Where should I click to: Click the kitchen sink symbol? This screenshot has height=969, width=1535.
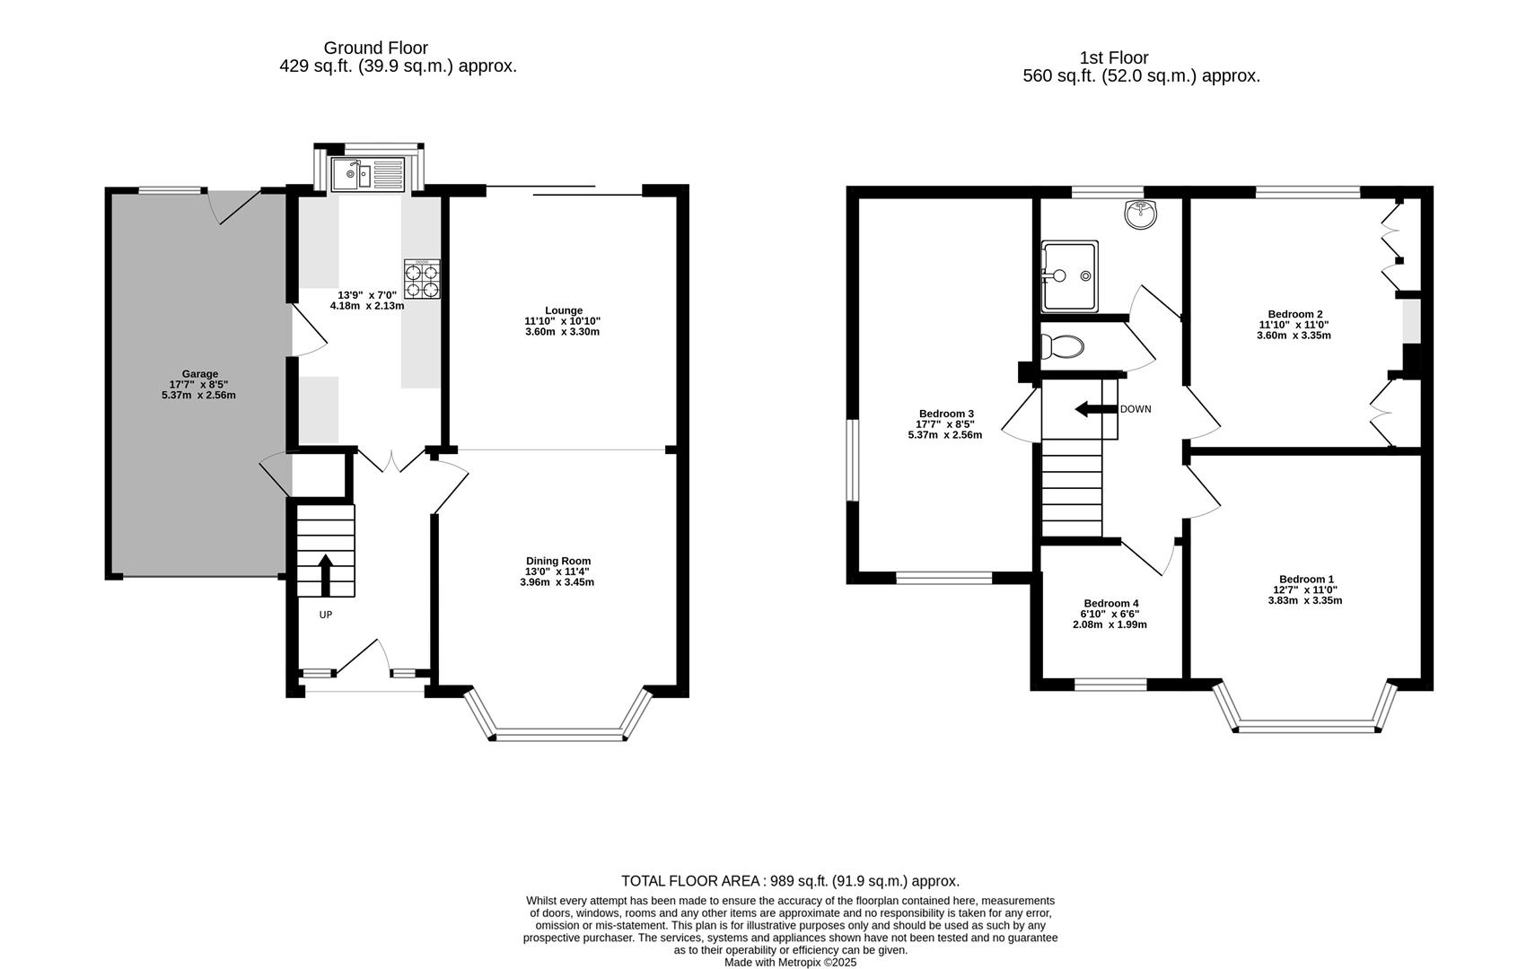(368, 174)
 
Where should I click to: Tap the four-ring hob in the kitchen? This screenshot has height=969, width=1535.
(423, 279)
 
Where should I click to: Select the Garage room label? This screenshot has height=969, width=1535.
(199, 374)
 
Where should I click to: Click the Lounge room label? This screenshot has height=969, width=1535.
(563, 310)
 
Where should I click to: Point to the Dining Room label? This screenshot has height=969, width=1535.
(557, 561)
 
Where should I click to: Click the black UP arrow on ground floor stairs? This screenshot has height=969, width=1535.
(325, 574)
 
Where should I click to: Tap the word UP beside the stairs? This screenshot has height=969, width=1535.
(326, 615)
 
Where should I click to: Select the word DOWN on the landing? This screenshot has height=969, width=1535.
(1136, 409)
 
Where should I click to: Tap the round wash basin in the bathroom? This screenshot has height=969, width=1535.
(1141, 214)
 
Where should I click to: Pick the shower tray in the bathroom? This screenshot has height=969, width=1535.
(1069, 276)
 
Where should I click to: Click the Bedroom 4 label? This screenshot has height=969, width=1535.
(1110, 603)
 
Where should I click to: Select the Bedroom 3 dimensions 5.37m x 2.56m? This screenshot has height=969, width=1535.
(944, 435)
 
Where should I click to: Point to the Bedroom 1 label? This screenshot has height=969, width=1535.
(1306, 579)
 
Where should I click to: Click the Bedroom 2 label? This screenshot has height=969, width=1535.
(1294, 314)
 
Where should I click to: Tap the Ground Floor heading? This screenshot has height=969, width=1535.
(375, 48)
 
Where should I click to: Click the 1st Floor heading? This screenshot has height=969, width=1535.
(1113, 57)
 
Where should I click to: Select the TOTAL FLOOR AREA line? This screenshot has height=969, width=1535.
(790, 881)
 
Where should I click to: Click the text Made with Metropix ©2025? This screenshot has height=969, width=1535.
(790, 962)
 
